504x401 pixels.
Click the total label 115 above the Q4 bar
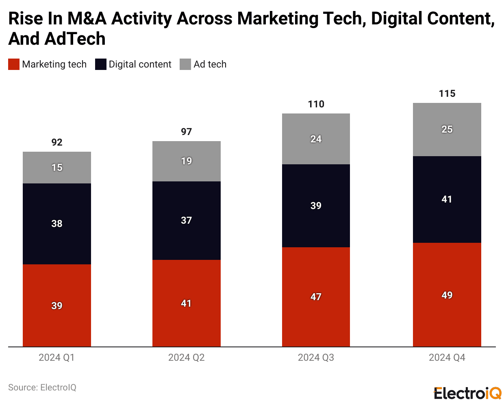[447, 94]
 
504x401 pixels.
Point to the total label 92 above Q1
[57, 142]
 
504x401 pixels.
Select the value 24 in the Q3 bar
[316, 139]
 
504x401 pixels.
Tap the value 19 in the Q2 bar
[186, 161]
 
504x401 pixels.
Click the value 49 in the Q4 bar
[447, 295]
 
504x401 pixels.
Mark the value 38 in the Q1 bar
[57, 223]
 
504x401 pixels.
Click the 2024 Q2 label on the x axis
[186, 357]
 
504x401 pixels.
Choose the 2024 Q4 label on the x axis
[447, 357]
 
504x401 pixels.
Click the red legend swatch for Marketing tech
[14, 64]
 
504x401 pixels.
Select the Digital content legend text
[140, 64]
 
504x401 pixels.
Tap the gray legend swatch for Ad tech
[185, 64]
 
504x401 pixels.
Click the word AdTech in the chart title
[75, 39]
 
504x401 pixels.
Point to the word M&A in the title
[87, 19]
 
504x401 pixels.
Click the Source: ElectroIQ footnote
[42, 387]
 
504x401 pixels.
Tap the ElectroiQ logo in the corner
[467, 393]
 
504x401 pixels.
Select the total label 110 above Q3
[316, 105]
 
